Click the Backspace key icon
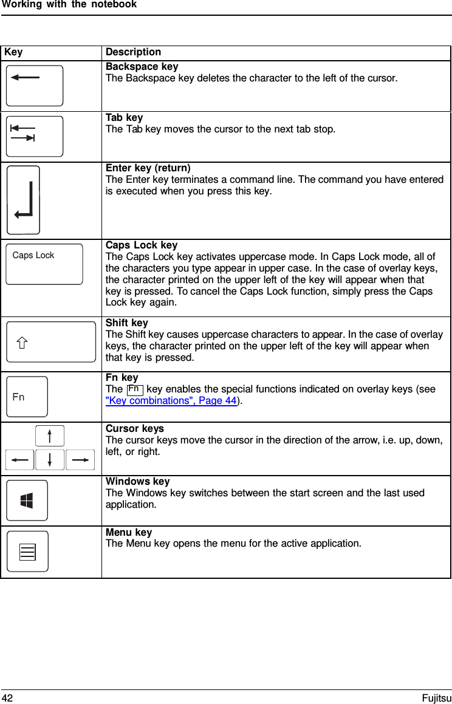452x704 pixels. [x=35, y=86]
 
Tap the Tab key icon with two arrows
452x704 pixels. [x=35, y=136]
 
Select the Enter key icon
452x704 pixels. [x=24, y=200]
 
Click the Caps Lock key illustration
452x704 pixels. [x=44, y=264]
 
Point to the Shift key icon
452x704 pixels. [x=51, y=342]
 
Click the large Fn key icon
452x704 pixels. [x=27, y=397]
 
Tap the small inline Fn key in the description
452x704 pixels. [x=135, y=389]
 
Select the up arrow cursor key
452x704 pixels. [x=50, y=436]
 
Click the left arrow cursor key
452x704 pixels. [x=20, y=460]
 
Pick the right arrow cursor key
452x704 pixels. [x=80, y=460]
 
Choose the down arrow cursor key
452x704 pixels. [x=50, y=460]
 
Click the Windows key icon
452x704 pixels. [x=27, y=501]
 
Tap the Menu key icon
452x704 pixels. [x=27, y=552]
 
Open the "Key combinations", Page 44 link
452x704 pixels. [x=171, y=401]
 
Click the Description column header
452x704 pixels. [x=134, y=52]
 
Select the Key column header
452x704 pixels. [x=13, y=52]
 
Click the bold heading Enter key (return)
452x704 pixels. [x=148, y=168]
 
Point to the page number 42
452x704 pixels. [x=7, y=698]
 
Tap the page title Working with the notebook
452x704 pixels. [x=69, y=5]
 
